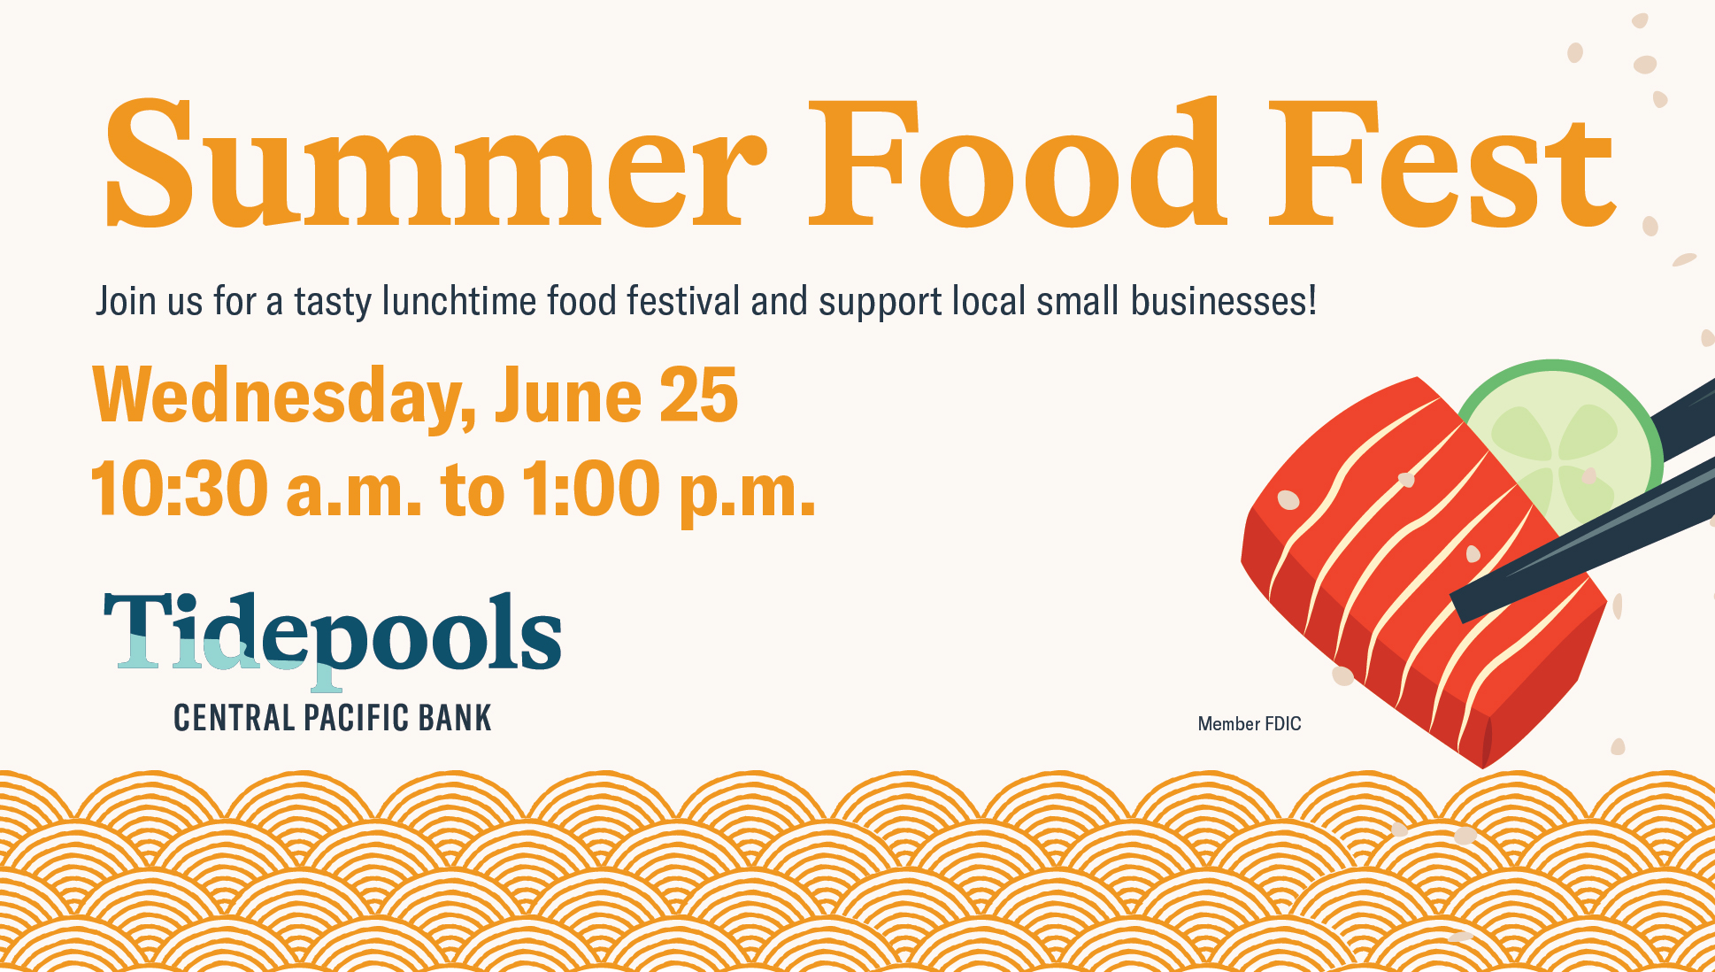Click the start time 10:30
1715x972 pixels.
tap(180, 488)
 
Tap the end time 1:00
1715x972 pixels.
tap(591, 488)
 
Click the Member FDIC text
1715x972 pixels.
tap(1250, 724)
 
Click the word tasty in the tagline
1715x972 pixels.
tap(333, 303)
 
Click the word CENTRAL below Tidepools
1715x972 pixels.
tap(235, 718)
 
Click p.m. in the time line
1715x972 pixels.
tap(747, 494)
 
